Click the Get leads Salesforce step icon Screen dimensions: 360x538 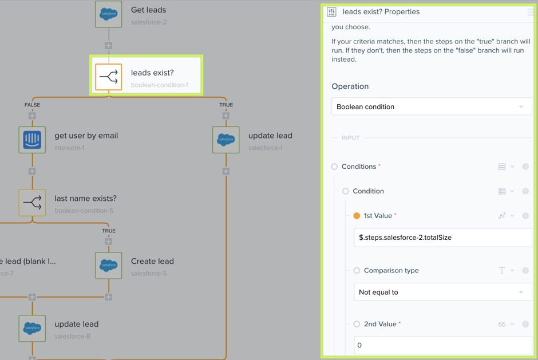[x=109, y=14]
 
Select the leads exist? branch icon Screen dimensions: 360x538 [x=109, y=77]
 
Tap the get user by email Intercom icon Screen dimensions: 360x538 [x=32, y=140]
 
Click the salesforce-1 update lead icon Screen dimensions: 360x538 [x=226, y=140]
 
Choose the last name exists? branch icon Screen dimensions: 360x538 [x=32, y=203]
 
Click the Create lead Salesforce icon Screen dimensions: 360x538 [x=109, y=266]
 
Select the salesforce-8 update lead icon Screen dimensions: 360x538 [x=32, y=329]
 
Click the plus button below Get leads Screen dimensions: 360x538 [x=109, y=45]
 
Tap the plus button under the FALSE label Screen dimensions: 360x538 [x=32, y=116]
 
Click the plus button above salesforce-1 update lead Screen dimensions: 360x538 [x=226, y=116]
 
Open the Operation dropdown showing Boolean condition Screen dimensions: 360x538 [x=432, y=106]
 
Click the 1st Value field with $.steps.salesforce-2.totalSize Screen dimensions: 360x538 [x=442, y=238]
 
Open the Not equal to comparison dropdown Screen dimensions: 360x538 [x=442, y=292]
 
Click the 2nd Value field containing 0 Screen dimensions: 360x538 [x=442, y=345]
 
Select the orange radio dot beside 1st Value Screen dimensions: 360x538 [x=357, y=216]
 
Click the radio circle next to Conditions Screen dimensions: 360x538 [x=334, y=167]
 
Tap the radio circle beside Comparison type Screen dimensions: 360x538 [x=357, y=270]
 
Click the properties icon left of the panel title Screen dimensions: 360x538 [x=331, y=11]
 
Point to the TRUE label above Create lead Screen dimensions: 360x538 [x=109, y=231]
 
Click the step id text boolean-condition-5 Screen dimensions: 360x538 [x=84, y=211]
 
